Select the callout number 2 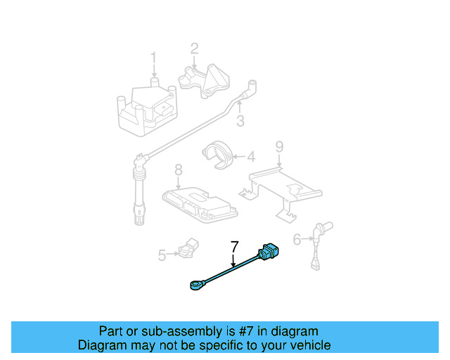pos(194,49)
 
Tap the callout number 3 pos(240,121)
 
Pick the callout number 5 pos(162,255)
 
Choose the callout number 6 pos(297,240)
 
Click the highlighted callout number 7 pos(234,247)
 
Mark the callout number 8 pos(178,169)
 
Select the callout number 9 pos(279,146)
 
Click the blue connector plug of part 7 pos(269,252)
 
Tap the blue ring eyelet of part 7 pos(195,285)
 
